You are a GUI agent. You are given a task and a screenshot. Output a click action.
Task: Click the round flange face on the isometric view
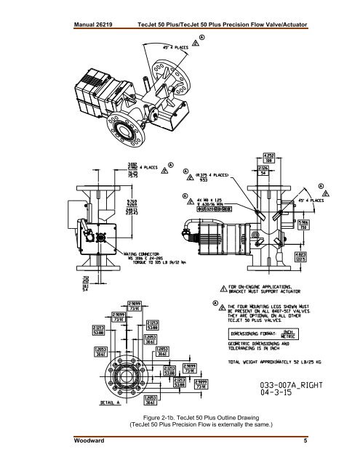pos(129,135)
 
